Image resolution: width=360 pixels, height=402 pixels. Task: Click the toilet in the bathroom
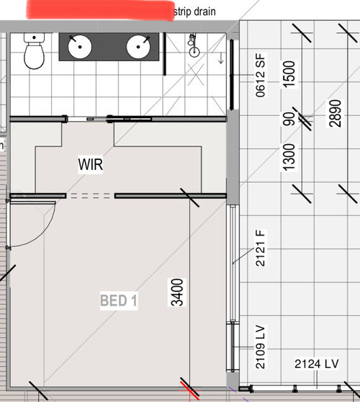[33, 52]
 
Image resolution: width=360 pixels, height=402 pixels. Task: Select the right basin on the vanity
[138, 47]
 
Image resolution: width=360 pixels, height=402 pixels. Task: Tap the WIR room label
[91, 166]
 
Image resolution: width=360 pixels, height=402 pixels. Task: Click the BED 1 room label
[118, 301]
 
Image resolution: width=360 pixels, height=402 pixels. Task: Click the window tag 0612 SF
[261, 71]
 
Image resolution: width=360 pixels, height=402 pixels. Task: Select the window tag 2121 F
[261, 247]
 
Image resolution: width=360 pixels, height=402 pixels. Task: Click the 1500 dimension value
[289, 73]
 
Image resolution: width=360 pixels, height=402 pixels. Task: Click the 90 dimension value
[289, 117]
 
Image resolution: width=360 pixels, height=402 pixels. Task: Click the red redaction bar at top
[101, 10]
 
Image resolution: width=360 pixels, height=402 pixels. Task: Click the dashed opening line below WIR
[91, 195]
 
